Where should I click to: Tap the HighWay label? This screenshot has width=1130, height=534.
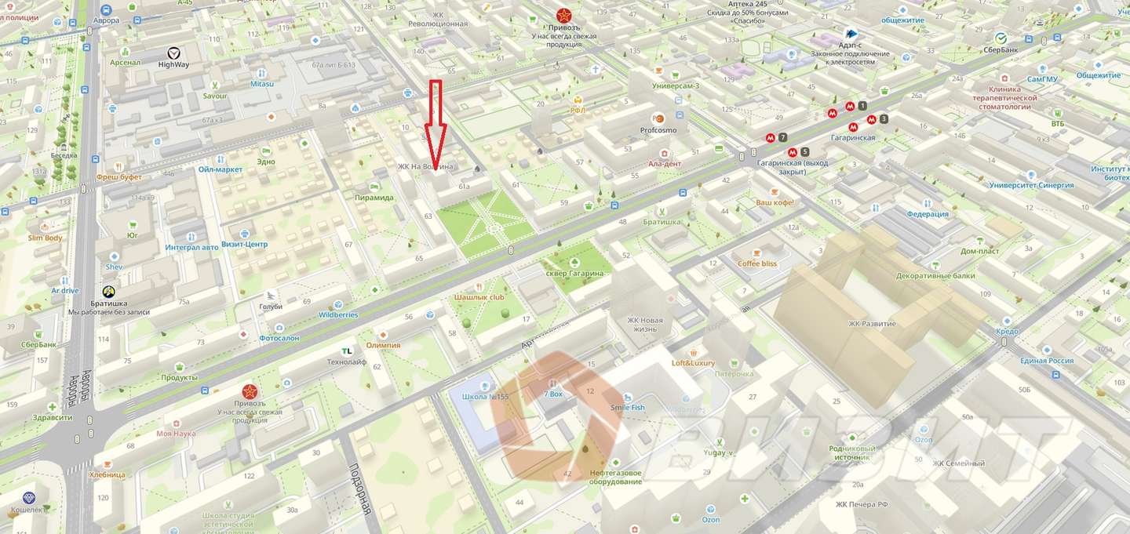pyautogui.click(x=173, y=64)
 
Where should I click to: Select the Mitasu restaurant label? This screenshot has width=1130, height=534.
pyautogui.click(x=262, y=84)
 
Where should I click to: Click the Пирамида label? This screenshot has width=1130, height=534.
pyautogui.click(x=374, y=198)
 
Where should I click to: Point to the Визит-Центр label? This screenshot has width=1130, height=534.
pyautogui.click(x=244, y=244)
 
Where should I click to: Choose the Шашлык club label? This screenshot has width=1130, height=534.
pyautogui.click(x=479, y=298)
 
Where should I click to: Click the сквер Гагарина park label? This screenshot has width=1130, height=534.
pyautogui.click(x=575, y=273)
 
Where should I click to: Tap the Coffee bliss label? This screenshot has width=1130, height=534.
pyautogui.click(x=756, y=263)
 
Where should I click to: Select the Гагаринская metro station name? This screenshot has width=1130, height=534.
pyautogui.click(x=852, y=137)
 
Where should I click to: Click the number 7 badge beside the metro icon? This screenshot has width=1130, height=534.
pyautogui.click(x=782, y=137)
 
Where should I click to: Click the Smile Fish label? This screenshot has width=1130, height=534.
pyautogui.click(x=627, y=407)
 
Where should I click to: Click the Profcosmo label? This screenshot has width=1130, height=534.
pyautogui.click(x=658, y=130)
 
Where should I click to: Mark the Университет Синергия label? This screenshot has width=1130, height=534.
pyautogui.click(x=1031, y=186)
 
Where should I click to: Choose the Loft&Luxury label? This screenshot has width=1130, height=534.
pyautogui.click(x=693, y=363)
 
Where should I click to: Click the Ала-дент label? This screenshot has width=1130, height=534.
pyautogui.click(x=664, y=163)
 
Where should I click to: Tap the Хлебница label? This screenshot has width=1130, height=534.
pyautogui.click(x=107, y=474)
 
